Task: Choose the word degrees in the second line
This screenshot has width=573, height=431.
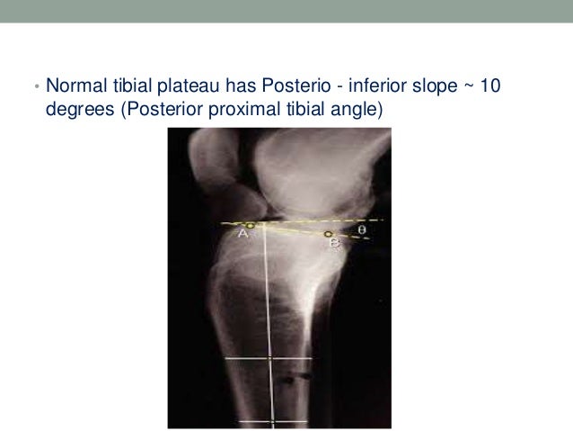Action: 78,111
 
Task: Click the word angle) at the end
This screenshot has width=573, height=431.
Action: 357,111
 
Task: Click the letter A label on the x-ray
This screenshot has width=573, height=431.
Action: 242,234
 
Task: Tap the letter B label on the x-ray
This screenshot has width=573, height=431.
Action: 334,243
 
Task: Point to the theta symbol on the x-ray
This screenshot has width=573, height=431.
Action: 362,229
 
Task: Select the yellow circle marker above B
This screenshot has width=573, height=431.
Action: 329,234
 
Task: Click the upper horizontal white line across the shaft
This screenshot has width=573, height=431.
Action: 268,360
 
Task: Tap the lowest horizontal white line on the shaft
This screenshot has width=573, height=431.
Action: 268,421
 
